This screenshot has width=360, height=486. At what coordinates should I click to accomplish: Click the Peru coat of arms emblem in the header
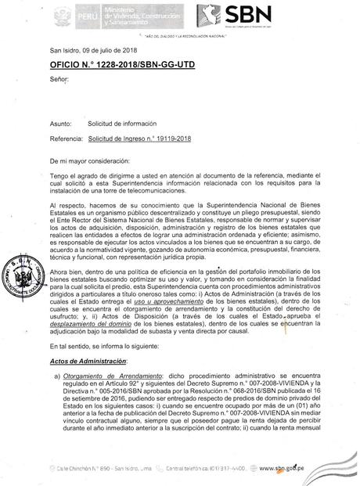click(60, 17)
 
